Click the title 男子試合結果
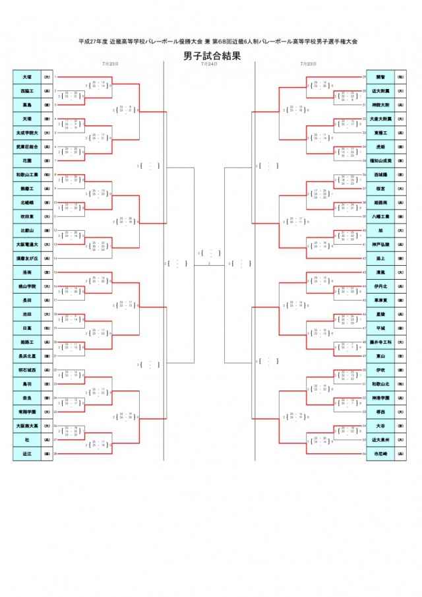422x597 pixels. (212, 55)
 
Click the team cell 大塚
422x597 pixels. (27, 77)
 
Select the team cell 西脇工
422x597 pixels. (27, 91)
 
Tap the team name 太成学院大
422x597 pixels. (27, 133)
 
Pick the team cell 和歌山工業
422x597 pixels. (27, 175)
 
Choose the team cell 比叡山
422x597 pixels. (27, 230)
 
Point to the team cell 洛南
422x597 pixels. (27, 272)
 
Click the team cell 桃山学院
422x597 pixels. (27, 286)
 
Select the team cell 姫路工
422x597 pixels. (27, 342)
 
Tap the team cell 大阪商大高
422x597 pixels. (27, 425)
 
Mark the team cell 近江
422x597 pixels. (27, 454)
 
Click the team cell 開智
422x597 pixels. (380, 77)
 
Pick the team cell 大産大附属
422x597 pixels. (380, 119)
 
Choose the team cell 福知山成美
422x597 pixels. (380, 161)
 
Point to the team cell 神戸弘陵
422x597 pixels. (380, 244)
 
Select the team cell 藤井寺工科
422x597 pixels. (380, 342)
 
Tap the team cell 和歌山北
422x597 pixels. (380, 384)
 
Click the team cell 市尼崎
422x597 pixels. (380, 454)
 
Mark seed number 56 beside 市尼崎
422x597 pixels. (365, 454)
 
